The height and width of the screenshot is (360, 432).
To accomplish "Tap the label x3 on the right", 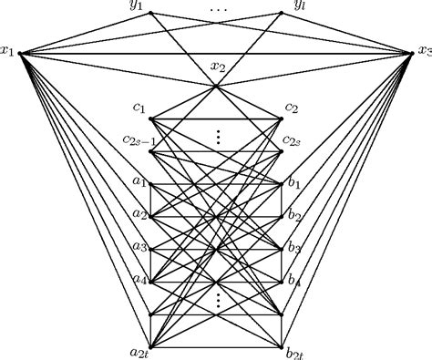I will click(423, 51).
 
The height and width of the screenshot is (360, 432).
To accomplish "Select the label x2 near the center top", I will click(219, 66).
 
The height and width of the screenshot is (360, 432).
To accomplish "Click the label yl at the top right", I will click(299, 7).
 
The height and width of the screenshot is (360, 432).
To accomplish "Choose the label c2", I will click(293, 108).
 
